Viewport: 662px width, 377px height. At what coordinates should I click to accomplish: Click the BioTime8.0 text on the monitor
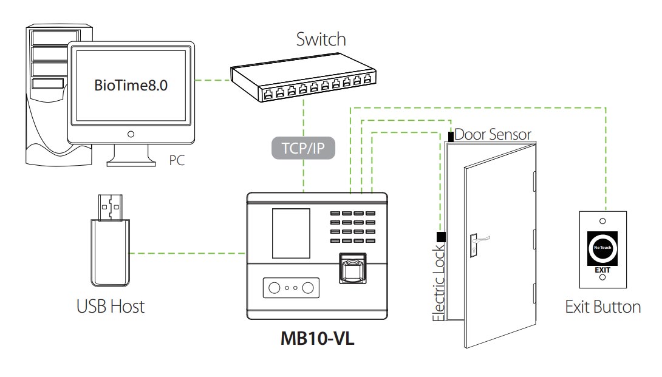pos(131,85)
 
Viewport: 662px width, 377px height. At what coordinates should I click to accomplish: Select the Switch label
pos(321,39)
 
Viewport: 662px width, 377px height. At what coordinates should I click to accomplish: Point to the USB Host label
pos(111,306)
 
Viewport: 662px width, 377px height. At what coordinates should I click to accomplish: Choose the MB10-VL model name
pos(317,338)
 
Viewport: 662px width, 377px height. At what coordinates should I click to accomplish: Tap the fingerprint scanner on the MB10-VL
pos(352,269)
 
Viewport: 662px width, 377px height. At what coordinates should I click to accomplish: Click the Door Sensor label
pos(493,135)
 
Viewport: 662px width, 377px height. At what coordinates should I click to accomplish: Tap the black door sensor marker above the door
pos(451,137)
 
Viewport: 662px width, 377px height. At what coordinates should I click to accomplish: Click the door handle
pos(476,243)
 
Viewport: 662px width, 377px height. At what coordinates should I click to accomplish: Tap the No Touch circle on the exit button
pos(602,248)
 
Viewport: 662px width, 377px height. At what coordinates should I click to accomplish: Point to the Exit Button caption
pos(602,307)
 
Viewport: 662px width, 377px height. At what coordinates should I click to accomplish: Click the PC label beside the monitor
pos(177,161)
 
